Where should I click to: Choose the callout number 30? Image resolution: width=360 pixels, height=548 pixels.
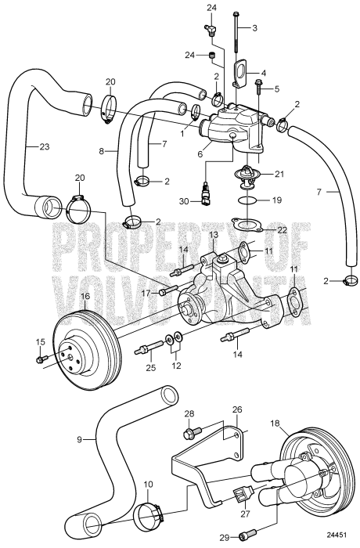pos(185,201)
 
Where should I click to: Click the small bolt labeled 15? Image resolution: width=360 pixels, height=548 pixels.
pos(41,359)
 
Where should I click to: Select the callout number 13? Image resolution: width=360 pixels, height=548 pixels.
pos(214,235)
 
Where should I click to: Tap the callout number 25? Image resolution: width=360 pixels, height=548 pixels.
pos(150,366)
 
